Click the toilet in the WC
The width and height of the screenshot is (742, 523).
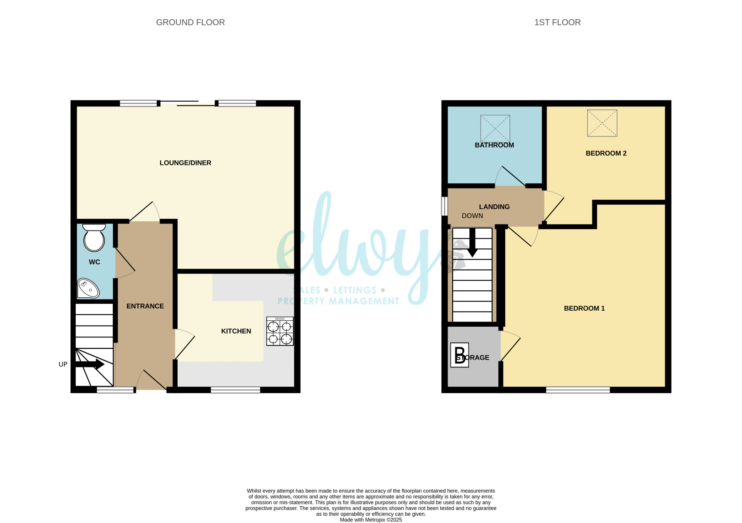tap(94, 238)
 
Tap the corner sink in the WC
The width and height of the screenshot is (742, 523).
tap(88, 288)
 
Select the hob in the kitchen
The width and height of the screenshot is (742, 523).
tap(280, 331)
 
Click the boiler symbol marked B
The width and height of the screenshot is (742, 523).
tap(460, 355)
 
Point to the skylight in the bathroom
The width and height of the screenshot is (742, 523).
tap(495, 128)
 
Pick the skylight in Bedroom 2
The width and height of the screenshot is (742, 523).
tap(602, 123)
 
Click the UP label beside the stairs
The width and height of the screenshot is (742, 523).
tap(63, 365)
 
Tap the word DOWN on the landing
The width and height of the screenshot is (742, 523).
tap(472, 216)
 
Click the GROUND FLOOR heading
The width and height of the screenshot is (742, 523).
tap(190, 22)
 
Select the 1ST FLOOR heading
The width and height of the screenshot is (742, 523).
tap(557, 22)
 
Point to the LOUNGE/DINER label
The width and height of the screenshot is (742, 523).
tap(185, 163)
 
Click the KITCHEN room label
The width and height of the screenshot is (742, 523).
tap(236, 331)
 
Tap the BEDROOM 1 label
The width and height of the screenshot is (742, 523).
tap(584, 308)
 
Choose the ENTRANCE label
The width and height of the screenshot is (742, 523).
tap(145, 306)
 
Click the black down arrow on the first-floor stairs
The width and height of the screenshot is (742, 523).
tap(472, 242)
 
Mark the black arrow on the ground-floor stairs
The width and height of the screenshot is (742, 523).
tap(90, 364)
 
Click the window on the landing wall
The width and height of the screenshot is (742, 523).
tap(444, 206)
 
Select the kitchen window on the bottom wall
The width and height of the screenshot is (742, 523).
tap(236, 390)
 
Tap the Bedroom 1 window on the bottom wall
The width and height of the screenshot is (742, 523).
tap(578, 390)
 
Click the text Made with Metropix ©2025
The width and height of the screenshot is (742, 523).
tap(371, 520)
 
